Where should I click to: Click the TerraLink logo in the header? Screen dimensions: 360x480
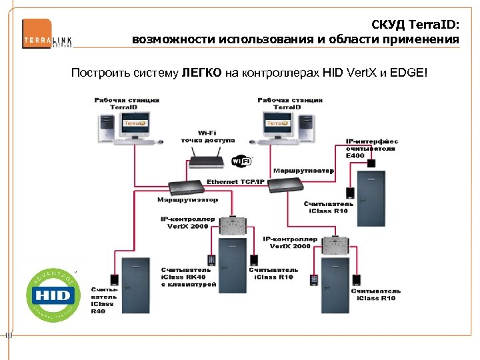click(x=47, y=33)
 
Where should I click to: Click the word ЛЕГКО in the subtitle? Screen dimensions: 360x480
click(x=201, y=71)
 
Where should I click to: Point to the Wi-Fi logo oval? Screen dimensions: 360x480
click(x=241, y=161)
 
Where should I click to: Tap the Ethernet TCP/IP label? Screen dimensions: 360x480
click(x=235, y=181)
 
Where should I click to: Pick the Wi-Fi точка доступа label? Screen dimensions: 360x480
click(x=207, y=137)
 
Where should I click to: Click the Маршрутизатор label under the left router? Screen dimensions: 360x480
click(x=187, y=199)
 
